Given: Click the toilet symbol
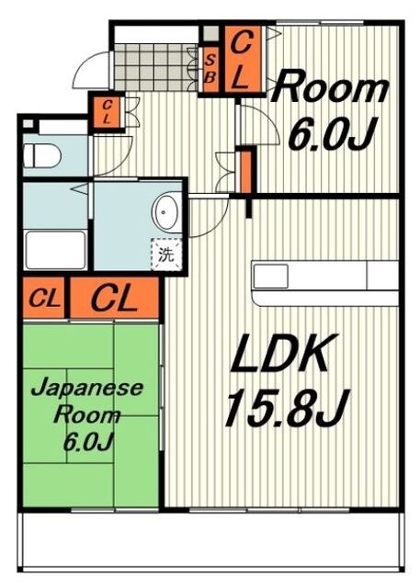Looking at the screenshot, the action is click(x=42, y=155).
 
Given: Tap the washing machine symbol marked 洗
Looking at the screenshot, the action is click(x=166, y=254).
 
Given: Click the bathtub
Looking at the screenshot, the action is click(x=55, y=250).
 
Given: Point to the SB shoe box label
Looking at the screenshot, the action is click(x=210, y=69).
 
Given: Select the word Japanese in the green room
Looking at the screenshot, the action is click(x=87, y=388).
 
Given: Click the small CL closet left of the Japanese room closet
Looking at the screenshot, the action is click(x=44, y=298).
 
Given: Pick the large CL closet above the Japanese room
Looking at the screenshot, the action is click(x=114, y=298).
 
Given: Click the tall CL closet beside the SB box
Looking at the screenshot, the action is click(x=243, y=59).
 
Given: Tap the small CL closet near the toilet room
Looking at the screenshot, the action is click(x=107, y=111).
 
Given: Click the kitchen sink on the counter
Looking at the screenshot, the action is click(x=271, y=276).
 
